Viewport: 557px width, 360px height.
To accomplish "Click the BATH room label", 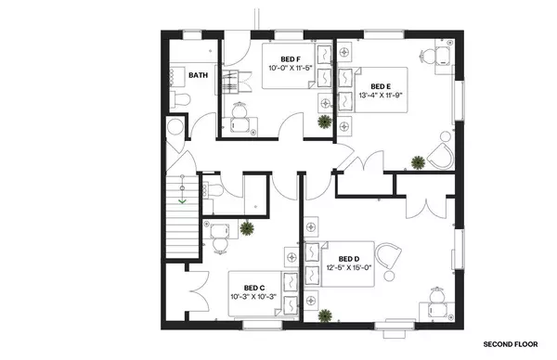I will coord(198,75).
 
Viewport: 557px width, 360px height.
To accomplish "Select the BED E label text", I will coord(369,83).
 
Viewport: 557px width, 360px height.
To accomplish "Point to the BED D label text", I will coord(349,259).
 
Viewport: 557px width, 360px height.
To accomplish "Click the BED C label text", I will coord(254,288).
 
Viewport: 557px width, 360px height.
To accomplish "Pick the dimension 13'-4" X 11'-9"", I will coord(382,94).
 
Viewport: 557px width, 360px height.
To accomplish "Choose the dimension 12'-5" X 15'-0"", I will coord(348,269).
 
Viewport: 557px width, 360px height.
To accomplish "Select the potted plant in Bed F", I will coord(323,121).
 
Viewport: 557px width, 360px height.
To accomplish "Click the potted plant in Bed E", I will coord(418,162).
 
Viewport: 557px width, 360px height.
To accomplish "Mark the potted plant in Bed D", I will coord(325,315).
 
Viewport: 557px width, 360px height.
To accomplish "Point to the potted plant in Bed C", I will coord(247,228).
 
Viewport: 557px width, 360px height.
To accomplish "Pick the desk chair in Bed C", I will coord(220,238).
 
